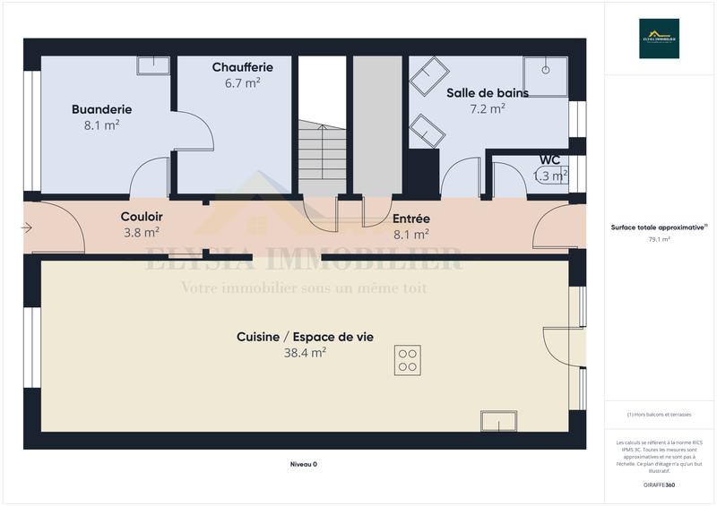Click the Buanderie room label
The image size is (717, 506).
coord(101,109)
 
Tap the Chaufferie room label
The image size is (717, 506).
coord(243,67)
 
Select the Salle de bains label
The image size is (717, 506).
coord(488,92)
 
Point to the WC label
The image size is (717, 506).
coord(549,160)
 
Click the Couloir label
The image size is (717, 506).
coord(142,217)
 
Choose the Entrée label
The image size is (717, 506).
coord(411,219)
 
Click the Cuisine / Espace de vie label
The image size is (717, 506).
coord(305,337)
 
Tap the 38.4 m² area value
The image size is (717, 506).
coord(305,353)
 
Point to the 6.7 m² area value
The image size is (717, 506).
coord(243,83)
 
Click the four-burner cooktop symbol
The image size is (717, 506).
coord(407,360)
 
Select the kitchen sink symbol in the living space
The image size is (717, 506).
coord(498,422)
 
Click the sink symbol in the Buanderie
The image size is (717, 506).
coord(153,64)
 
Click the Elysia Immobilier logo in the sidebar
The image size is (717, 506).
coord(659,39)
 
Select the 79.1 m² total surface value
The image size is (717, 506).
coord(659,239)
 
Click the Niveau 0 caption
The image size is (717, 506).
coord(304,464)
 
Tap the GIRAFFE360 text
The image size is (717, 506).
coord(659,485)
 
